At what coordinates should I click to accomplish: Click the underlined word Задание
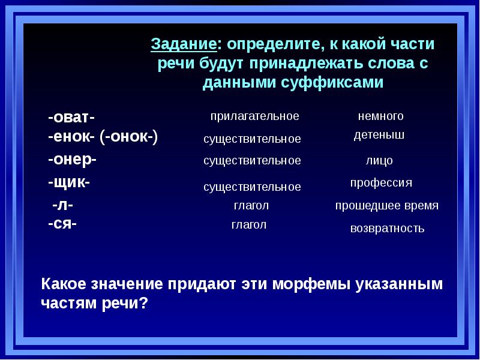coord(183,44)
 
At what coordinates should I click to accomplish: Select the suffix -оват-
coord(71,116)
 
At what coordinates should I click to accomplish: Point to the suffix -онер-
coord(72,159)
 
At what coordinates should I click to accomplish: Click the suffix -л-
coord(63,205)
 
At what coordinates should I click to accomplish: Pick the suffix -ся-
coord(62,224)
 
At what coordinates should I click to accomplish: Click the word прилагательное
coord(254,116)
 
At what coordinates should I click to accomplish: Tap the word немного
coord(380,116)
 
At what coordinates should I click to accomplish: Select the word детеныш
coord(379,135)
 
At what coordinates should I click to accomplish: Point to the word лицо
coord(379,161)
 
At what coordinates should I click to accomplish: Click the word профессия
coord(381,182)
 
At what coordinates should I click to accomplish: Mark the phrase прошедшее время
coord(386,206)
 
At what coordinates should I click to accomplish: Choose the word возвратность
coord(387,229)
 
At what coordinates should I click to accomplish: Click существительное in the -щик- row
coord(252,187)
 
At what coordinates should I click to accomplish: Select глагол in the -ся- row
coord(249,225)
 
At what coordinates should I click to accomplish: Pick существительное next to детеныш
coord(252,139)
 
